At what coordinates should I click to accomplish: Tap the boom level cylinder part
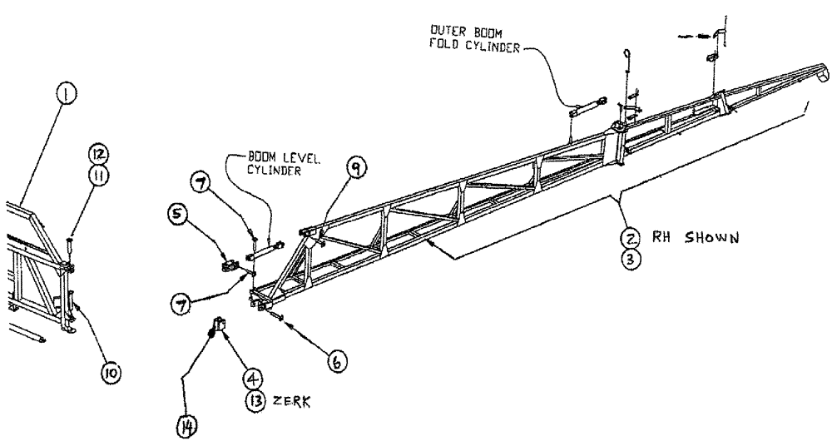click(270, 246)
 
